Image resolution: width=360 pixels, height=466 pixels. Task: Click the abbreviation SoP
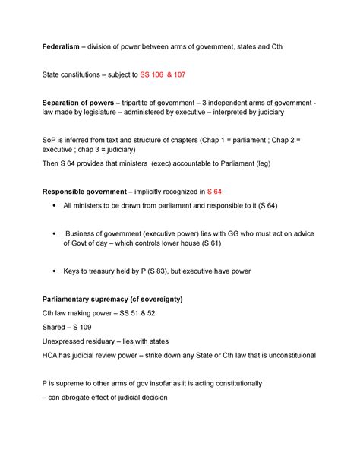[49, 140]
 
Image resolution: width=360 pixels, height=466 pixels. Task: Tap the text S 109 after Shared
[84, 327]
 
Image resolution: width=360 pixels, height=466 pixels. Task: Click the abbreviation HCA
[51, 354]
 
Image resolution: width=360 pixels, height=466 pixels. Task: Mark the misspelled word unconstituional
[286, 354]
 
